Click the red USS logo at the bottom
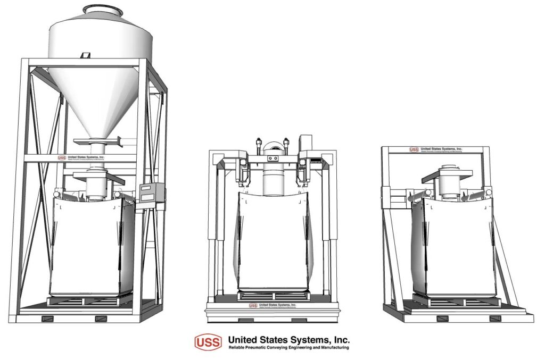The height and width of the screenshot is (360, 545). [x=208, y=342]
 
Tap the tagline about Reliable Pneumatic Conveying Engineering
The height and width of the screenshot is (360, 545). [x=288, y=348]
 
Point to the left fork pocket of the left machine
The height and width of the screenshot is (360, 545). [x=47, y=319]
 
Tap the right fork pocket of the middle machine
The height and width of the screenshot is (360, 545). [x=298, y=320]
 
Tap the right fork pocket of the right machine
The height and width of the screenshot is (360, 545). [x=494, y=319]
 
